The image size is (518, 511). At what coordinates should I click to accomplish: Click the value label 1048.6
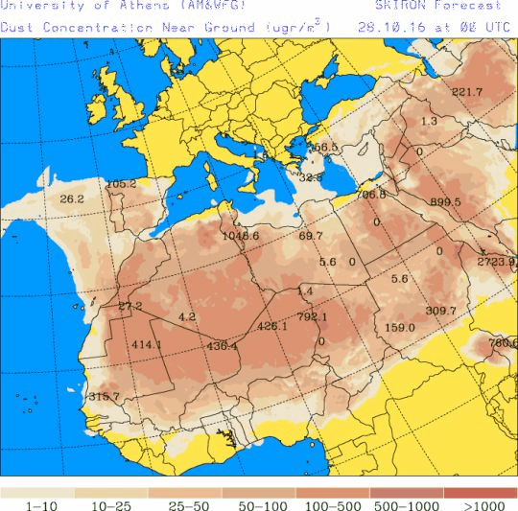pyautogui.click(x=240, y=235)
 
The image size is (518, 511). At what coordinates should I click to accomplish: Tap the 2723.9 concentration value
pyautogui.click(x=496, y=262)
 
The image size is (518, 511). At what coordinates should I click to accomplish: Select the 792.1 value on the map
pyautogui.click(x=313, y=316)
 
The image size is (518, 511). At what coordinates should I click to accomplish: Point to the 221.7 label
pyautogui.click(x=467, y=92)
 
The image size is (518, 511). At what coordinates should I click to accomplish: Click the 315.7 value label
pyautogui.click(x=104, y=396)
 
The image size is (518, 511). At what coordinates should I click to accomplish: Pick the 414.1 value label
pyautogui.click(x=147, y=344)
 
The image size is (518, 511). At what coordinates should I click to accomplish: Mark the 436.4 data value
pyautogui.click(x=223, y=345)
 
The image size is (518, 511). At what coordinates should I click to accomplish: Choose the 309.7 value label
pyautogui.click(x=441, y=311)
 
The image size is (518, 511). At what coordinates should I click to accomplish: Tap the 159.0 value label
pyautogui.click(x=400, y=328)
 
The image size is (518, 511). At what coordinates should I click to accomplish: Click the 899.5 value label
pyautogui.click(x=446, y=202)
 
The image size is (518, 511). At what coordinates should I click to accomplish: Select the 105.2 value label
pyautogui.click(x=121, y=184)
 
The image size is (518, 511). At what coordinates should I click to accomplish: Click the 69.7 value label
pyautogui.click(x=312, y=236)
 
